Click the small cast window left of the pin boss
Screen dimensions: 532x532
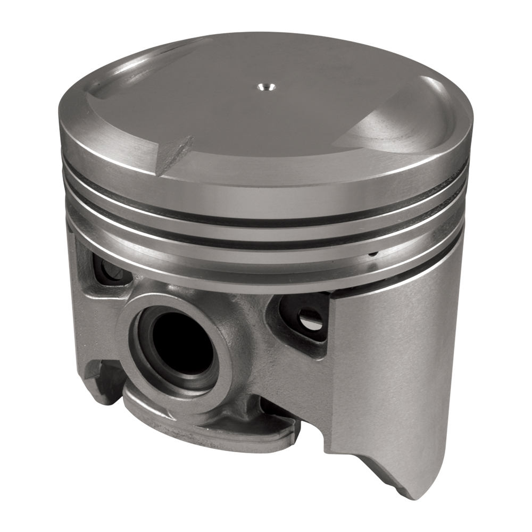click(x=109, y=269)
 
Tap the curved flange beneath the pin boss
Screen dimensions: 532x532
click(x=213, y=426)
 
